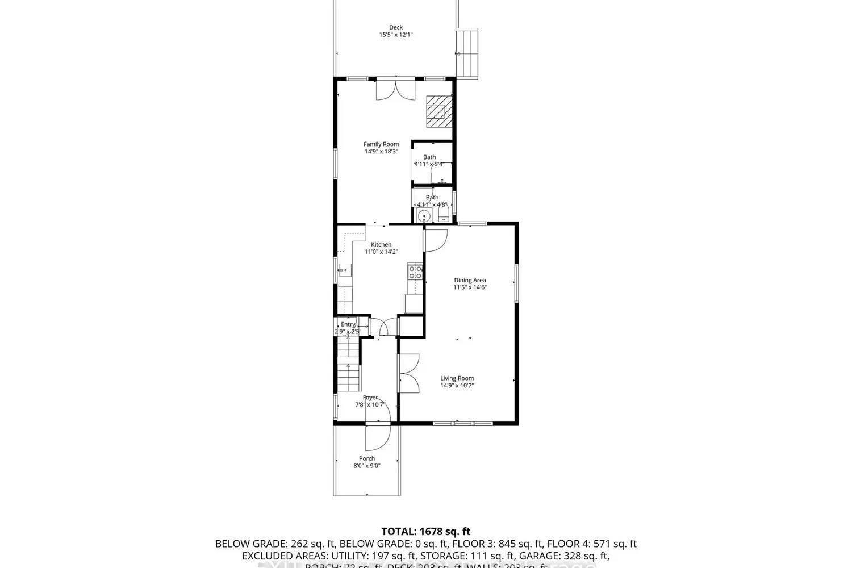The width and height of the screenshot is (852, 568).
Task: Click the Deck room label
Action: pyautogui.click(x=396, y=27)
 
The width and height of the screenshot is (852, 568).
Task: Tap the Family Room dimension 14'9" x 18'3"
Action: pyautogui.click(x=381, y=152)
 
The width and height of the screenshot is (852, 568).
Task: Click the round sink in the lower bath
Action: pyautogui.click(x=423, y=216)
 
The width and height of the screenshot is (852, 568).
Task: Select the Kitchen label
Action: pyautogui.click(x=381, y=244)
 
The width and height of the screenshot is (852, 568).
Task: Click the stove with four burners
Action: pyautogui.click(x=415, y=272)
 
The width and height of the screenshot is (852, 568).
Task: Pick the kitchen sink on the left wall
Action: pyautogui.click(x=344, y=270)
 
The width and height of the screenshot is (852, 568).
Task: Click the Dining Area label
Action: pyautogui.click(x=470, y=280)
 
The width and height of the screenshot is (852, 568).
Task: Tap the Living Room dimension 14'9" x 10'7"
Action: pyautogui.click(x=457, y=386)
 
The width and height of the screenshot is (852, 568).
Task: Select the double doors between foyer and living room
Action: pyautogui.click(x=409, y=373)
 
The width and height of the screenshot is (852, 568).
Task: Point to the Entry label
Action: pyautogui.click(x=348, y=324)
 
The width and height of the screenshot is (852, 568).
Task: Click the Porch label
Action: pyautogui.click(x=367, y=458)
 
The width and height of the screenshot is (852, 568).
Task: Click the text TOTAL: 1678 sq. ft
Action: pyautogui.click(x=425, y=532)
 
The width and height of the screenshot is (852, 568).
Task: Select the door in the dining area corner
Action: pyautogui.click(x=436, y=240)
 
